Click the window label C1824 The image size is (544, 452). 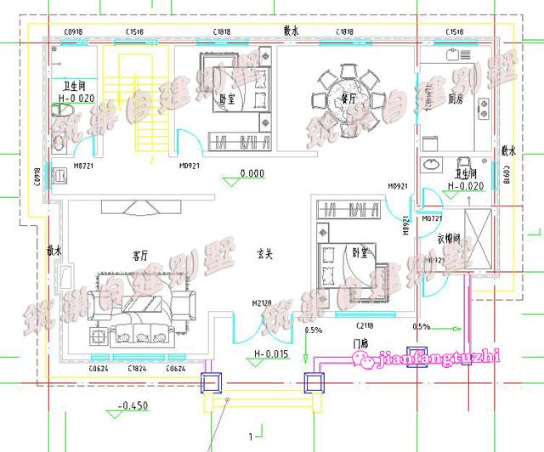point(135,369)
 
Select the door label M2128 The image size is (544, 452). point(260,303)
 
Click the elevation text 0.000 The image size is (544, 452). point(253,174)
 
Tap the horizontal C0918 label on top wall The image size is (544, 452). point(74,31)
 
